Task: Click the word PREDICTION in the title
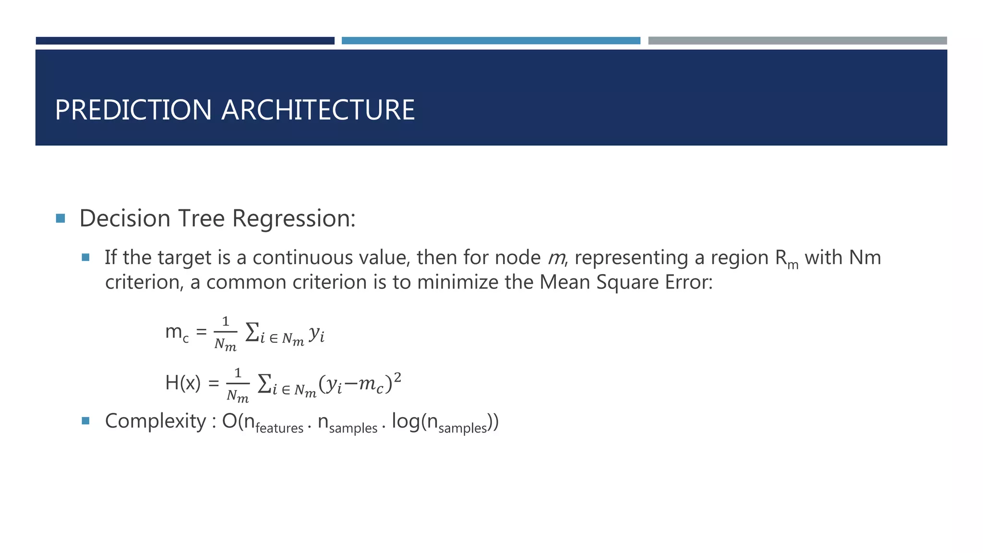pos(133,110)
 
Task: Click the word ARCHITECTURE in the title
pos(318,110)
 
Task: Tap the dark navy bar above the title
pos(185,41)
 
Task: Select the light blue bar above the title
pos(491,41)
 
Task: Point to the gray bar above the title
pos(797,41)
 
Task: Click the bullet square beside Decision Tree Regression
pos(60,219)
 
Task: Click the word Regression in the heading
pos(294,219)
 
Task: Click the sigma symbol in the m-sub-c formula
pos(252,332)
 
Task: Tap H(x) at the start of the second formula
pos(182,383)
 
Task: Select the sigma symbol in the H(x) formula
pos(264,384)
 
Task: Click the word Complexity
pos(156,421)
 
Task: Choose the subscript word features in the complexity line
pos(279,428)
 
